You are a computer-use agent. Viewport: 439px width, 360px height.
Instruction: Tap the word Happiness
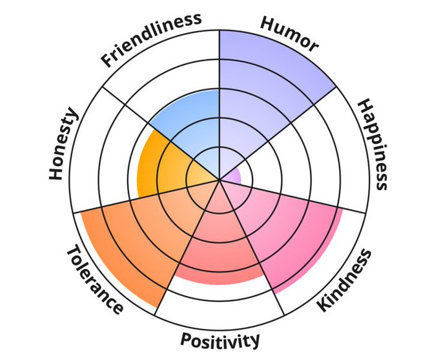click(x=373, y=144)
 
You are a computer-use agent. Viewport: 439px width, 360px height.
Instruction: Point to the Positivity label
click(x=220, y=340)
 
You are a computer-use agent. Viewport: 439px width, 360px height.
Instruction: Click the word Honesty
click(x=63, y=144)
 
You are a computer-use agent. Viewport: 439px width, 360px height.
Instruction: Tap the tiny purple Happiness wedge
click(x=233, y=175)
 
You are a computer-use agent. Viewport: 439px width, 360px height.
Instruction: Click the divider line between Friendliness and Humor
click(x=219, y=65)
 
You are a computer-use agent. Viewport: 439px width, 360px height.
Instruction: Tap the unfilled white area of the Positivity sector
click(x=219, y=304)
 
